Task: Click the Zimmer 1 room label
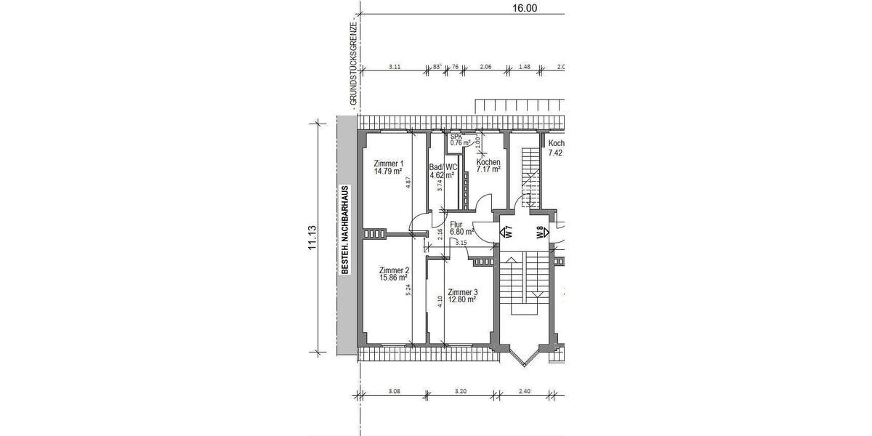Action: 388,163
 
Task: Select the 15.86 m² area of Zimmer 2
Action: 392,278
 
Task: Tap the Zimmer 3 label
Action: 462,292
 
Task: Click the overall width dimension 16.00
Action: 525,9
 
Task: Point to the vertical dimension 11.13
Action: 312,238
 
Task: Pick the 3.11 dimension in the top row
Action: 395,66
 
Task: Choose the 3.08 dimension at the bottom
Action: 394,391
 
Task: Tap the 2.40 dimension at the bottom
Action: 525,391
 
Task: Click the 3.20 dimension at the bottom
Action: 459,391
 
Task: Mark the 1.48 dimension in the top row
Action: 524,66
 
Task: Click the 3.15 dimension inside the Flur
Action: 461,243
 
